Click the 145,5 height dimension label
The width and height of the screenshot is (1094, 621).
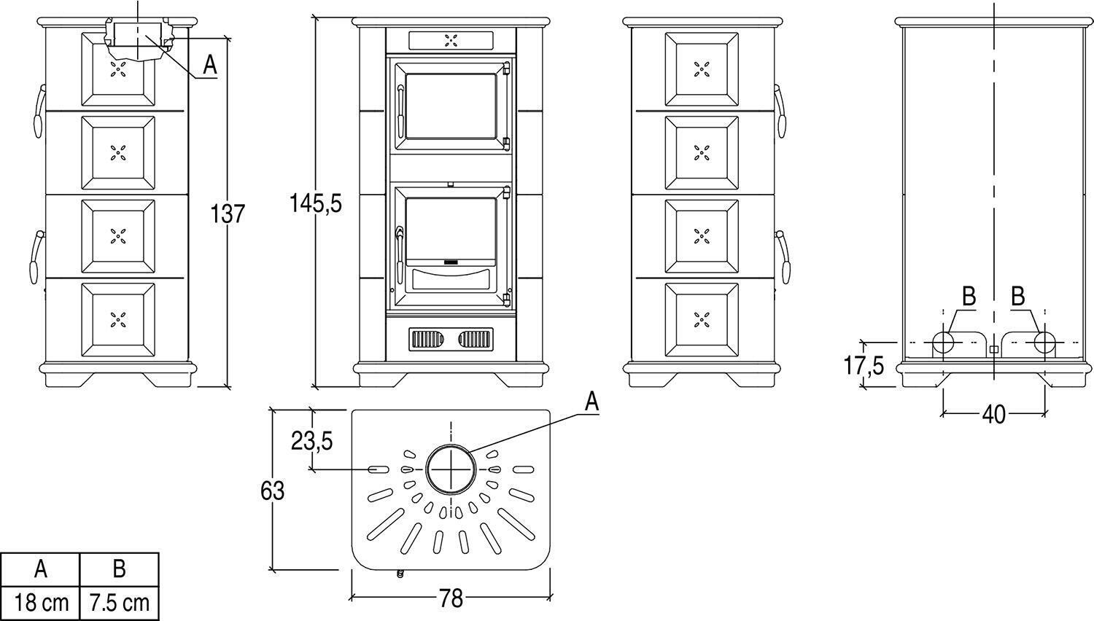pyautogui.click(x=315, y=203)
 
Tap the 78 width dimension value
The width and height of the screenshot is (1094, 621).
pyautogui.click(x=451, y=598)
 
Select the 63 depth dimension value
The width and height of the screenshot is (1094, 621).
pyautogui.click(x=272, y=491)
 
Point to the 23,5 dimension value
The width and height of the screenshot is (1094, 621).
pyautogui.click(x=312, y=440)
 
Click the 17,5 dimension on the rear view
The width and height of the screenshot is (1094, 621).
pyautogui.click(x=864, y=364)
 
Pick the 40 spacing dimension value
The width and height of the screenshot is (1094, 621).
pyautogui.click(x=993, y=414)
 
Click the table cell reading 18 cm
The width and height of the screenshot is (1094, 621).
pyautogui.click(x=41, y=603)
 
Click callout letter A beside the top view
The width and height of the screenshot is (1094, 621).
pyautogui.click(x=591, y=401)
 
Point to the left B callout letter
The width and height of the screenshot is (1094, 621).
pyautogui.click(x=969, y=297)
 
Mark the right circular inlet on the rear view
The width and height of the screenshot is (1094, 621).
pyautogui.click(x=1044, y=342)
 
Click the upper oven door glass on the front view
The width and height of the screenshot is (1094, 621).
pyautogui.click(x=450, y=106)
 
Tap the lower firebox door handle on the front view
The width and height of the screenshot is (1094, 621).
pyautogui.click(x=399, y=248)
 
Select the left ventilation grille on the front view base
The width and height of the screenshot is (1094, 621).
pyautogui.click(x=427, y=339)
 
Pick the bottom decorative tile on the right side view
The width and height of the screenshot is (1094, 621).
pyautogui.click(x=702, y=319)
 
